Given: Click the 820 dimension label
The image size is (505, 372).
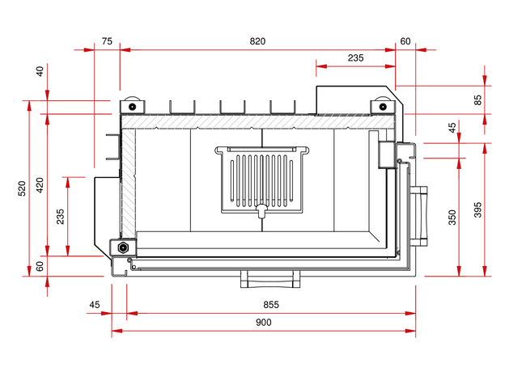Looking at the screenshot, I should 257,41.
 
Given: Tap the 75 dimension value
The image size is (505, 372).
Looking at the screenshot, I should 107,41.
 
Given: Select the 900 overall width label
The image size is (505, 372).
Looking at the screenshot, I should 263,322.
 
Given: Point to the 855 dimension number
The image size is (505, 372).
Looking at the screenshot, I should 271,305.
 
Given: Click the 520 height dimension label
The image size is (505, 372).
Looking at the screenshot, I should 23,188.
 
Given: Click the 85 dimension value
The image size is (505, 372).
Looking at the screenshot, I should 478,100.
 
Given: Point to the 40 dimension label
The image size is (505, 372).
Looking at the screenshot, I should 40,71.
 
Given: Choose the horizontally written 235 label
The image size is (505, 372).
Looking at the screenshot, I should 355,57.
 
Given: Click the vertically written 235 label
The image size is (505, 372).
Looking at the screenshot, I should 61,216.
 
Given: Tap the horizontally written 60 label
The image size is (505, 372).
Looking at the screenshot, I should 405,41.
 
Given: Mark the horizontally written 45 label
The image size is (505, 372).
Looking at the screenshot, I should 95,305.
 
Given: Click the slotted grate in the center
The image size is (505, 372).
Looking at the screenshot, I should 261,180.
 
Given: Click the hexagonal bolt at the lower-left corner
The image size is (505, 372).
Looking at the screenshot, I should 123,247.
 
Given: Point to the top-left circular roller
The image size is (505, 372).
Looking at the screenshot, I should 130,105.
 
